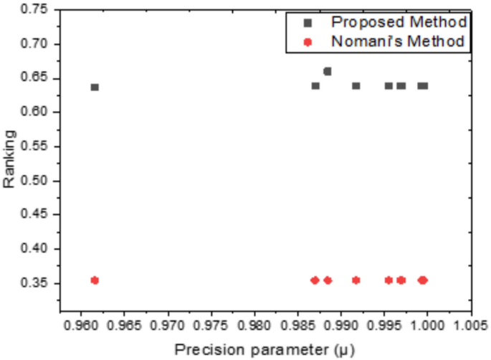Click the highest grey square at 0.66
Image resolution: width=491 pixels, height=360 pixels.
click(328, 71)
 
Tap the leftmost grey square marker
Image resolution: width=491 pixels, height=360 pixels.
click(95, 87)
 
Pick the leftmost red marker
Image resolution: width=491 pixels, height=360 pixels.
click(95, 280)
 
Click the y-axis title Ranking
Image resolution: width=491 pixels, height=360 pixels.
click(9, 158)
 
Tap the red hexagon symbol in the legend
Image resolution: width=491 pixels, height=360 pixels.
click(308, 42)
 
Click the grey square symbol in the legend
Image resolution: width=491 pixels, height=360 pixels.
click(308, 22)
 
